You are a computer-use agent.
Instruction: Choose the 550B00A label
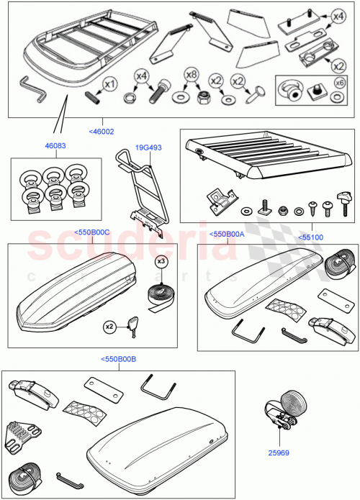227,233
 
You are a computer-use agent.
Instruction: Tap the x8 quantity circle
190,73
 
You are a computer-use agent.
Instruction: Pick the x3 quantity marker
161,260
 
